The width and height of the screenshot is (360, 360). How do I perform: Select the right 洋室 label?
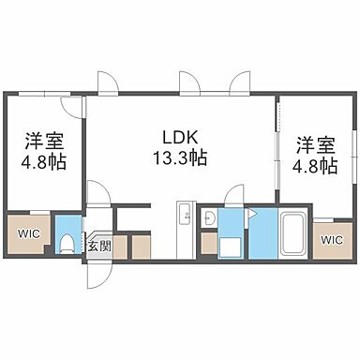click(x=315, y=145)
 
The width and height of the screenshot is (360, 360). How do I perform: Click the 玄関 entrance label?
click(x=98, y=246)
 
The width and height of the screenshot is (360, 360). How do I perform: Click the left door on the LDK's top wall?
click(x=110, y=84)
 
